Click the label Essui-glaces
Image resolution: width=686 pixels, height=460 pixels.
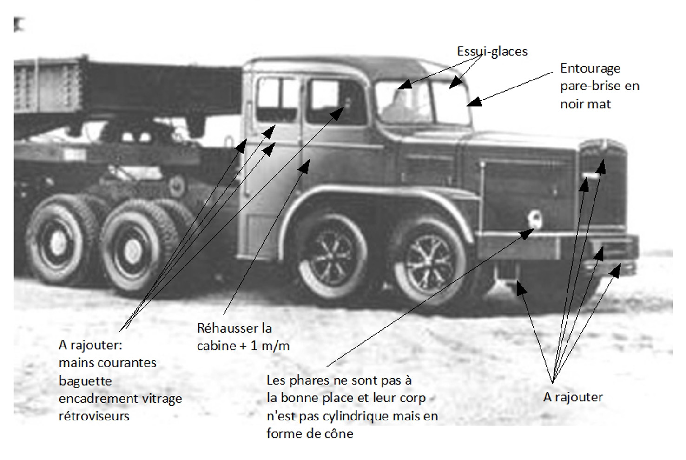click(492, 51)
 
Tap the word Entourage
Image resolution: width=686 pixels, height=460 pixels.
click(590, 68)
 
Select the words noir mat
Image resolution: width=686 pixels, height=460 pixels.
click(585, 104)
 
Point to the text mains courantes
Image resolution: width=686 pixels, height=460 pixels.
click(107, 363)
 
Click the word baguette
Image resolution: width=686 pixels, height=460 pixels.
click(85, 381)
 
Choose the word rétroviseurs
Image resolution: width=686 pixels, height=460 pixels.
click(94, 416)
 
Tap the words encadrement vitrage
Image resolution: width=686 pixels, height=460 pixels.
click(120, 399)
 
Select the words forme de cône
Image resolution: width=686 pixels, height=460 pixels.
click(310, 433)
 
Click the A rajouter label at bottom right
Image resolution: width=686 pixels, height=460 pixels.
click(573, 397)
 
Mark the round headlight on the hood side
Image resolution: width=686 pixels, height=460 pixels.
click(535, 218)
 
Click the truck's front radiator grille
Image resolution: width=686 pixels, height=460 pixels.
click(603, 186)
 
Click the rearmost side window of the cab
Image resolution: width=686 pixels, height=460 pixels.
click(277, 100)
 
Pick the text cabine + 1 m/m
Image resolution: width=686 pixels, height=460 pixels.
click(243, 346)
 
